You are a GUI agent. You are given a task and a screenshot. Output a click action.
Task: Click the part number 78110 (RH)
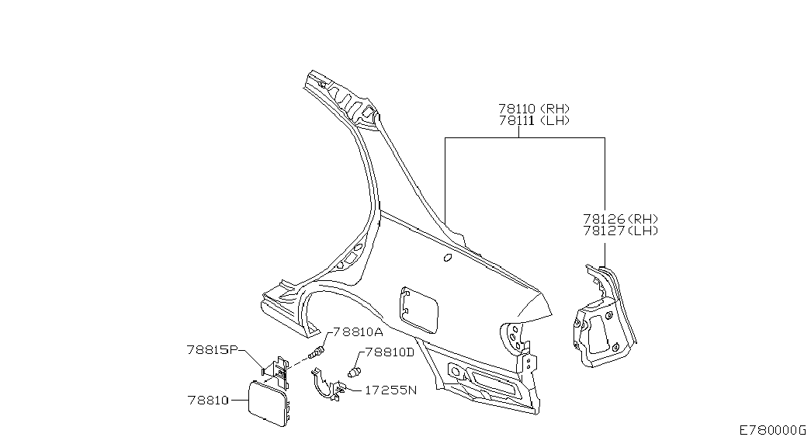534,109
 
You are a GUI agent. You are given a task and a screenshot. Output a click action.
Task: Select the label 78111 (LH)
534,120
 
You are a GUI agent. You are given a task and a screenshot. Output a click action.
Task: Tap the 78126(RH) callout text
621,219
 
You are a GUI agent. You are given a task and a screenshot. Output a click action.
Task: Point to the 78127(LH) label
621,231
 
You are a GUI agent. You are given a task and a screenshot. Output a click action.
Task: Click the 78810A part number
358,331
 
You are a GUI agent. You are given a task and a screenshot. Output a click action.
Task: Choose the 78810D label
390,352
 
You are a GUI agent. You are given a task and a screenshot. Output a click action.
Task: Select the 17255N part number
390,390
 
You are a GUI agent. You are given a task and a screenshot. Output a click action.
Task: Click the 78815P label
212,350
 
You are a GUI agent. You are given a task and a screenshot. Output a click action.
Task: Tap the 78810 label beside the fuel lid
208,400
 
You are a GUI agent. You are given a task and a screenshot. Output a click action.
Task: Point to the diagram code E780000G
772,430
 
